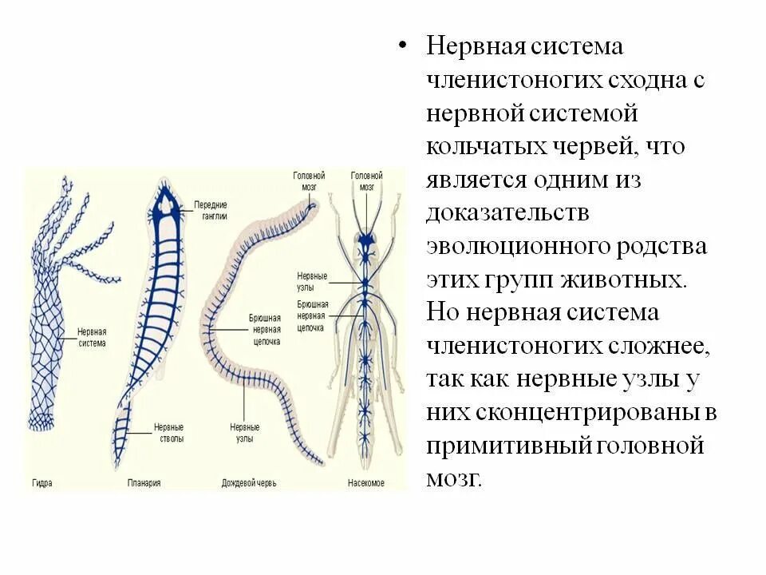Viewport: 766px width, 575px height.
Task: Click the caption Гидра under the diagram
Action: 42,483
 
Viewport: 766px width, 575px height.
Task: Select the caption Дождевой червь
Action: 249,483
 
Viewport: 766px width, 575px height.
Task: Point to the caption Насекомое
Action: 366,483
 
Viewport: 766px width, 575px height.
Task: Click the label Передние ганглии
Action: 211,210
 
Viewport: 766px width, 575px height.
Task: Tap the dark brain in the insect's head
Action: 366,238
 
